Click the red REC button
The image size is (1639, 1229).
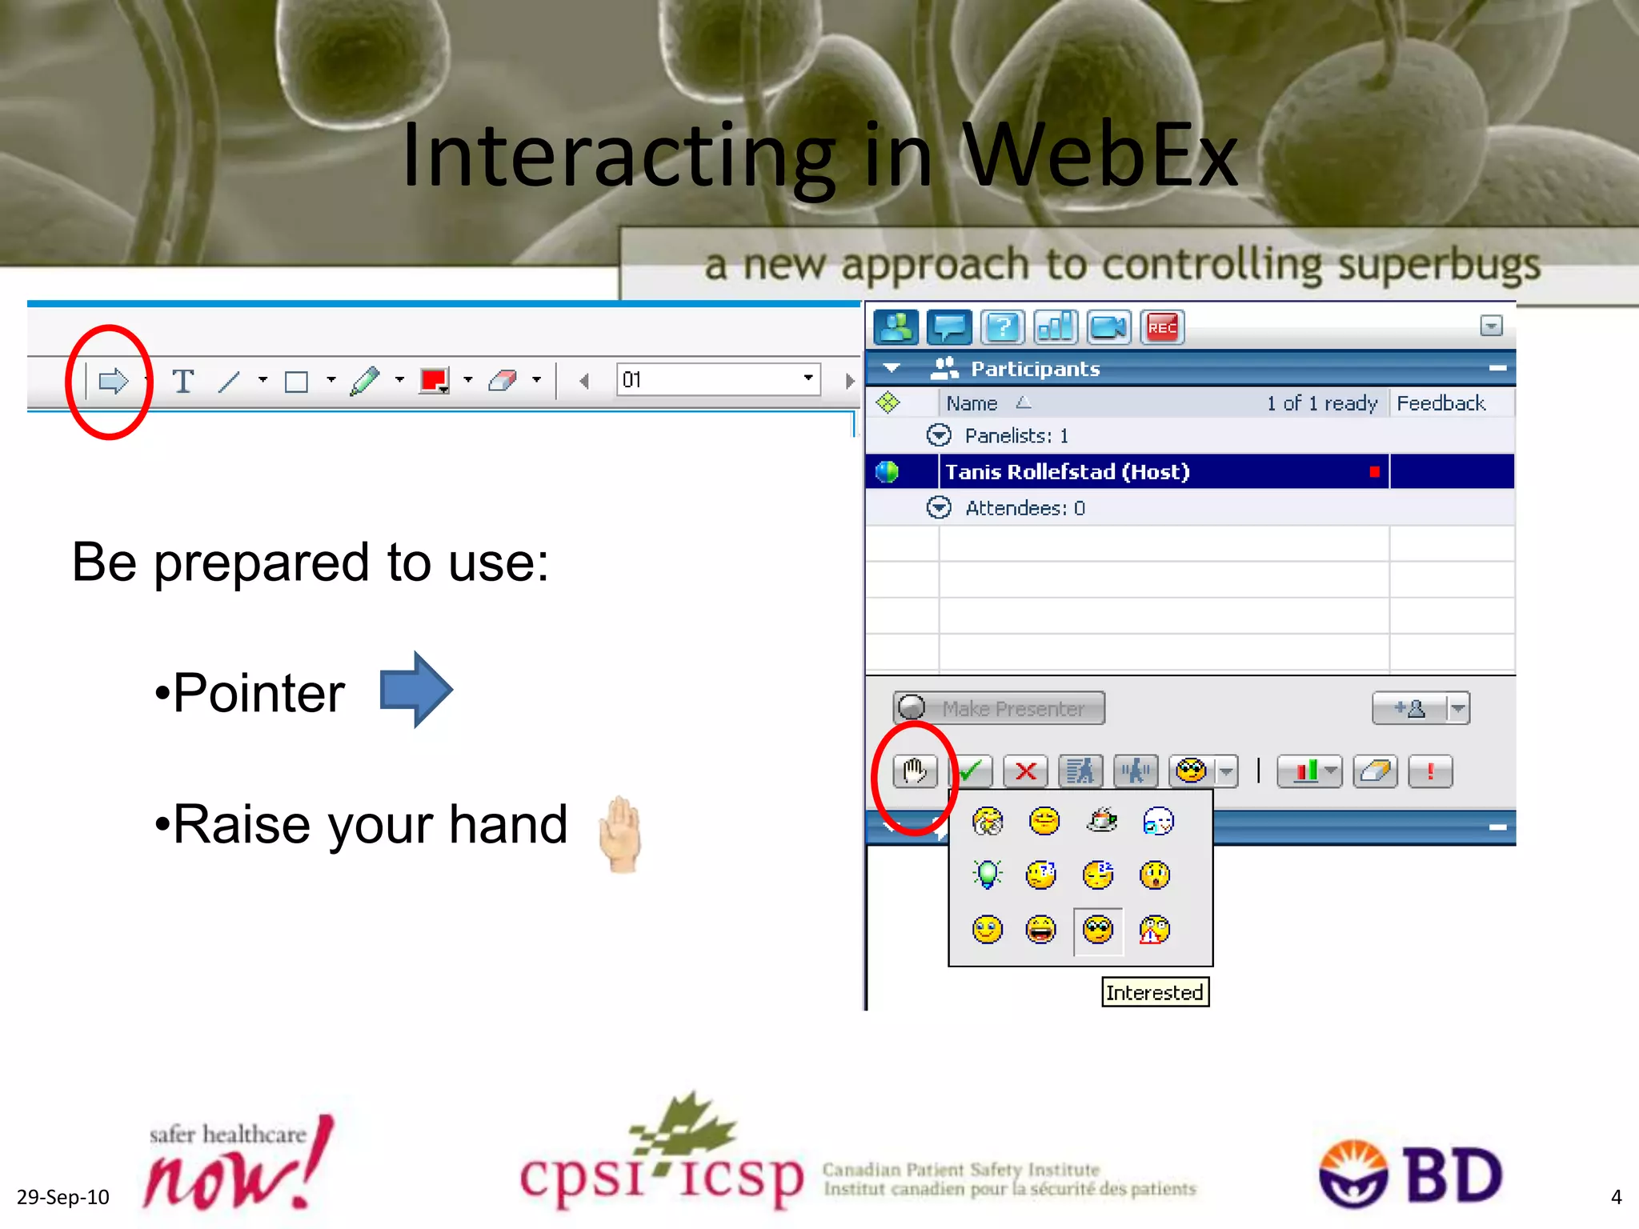point(1161,327)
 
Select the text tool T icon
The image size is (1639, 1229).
point(183,381)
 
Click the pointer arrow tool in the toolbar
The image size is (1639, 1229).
point(113,381)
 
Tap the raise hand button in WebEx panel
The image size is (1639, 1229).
point(915,771)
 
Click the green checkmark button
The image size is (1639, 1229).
point(971,771)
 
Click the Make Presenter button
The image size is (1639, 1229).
point(999,708)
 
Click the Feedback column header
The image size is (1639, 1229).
point(1441,403)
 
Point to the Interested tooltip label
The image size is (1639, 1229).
point(1154,992)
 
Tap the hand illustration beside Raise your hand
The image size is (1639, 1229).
point(620,833)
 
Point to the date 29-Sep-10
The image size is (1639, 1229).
point(63,1197)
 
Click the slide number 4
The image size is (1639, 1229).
point(1616,1197)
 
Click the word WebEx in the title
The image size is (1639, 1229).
point(1100,155)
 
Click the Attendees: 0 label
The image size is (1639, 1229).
point(1024,508)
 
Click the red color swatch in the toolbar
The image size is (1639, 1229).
point(433,380)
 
